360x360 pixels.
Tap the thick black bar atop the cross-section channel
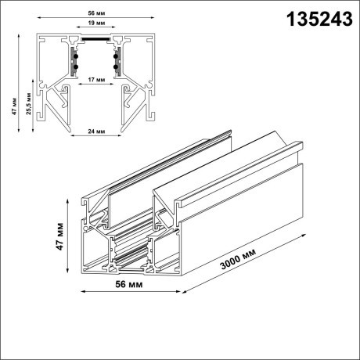click(96, 36)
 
